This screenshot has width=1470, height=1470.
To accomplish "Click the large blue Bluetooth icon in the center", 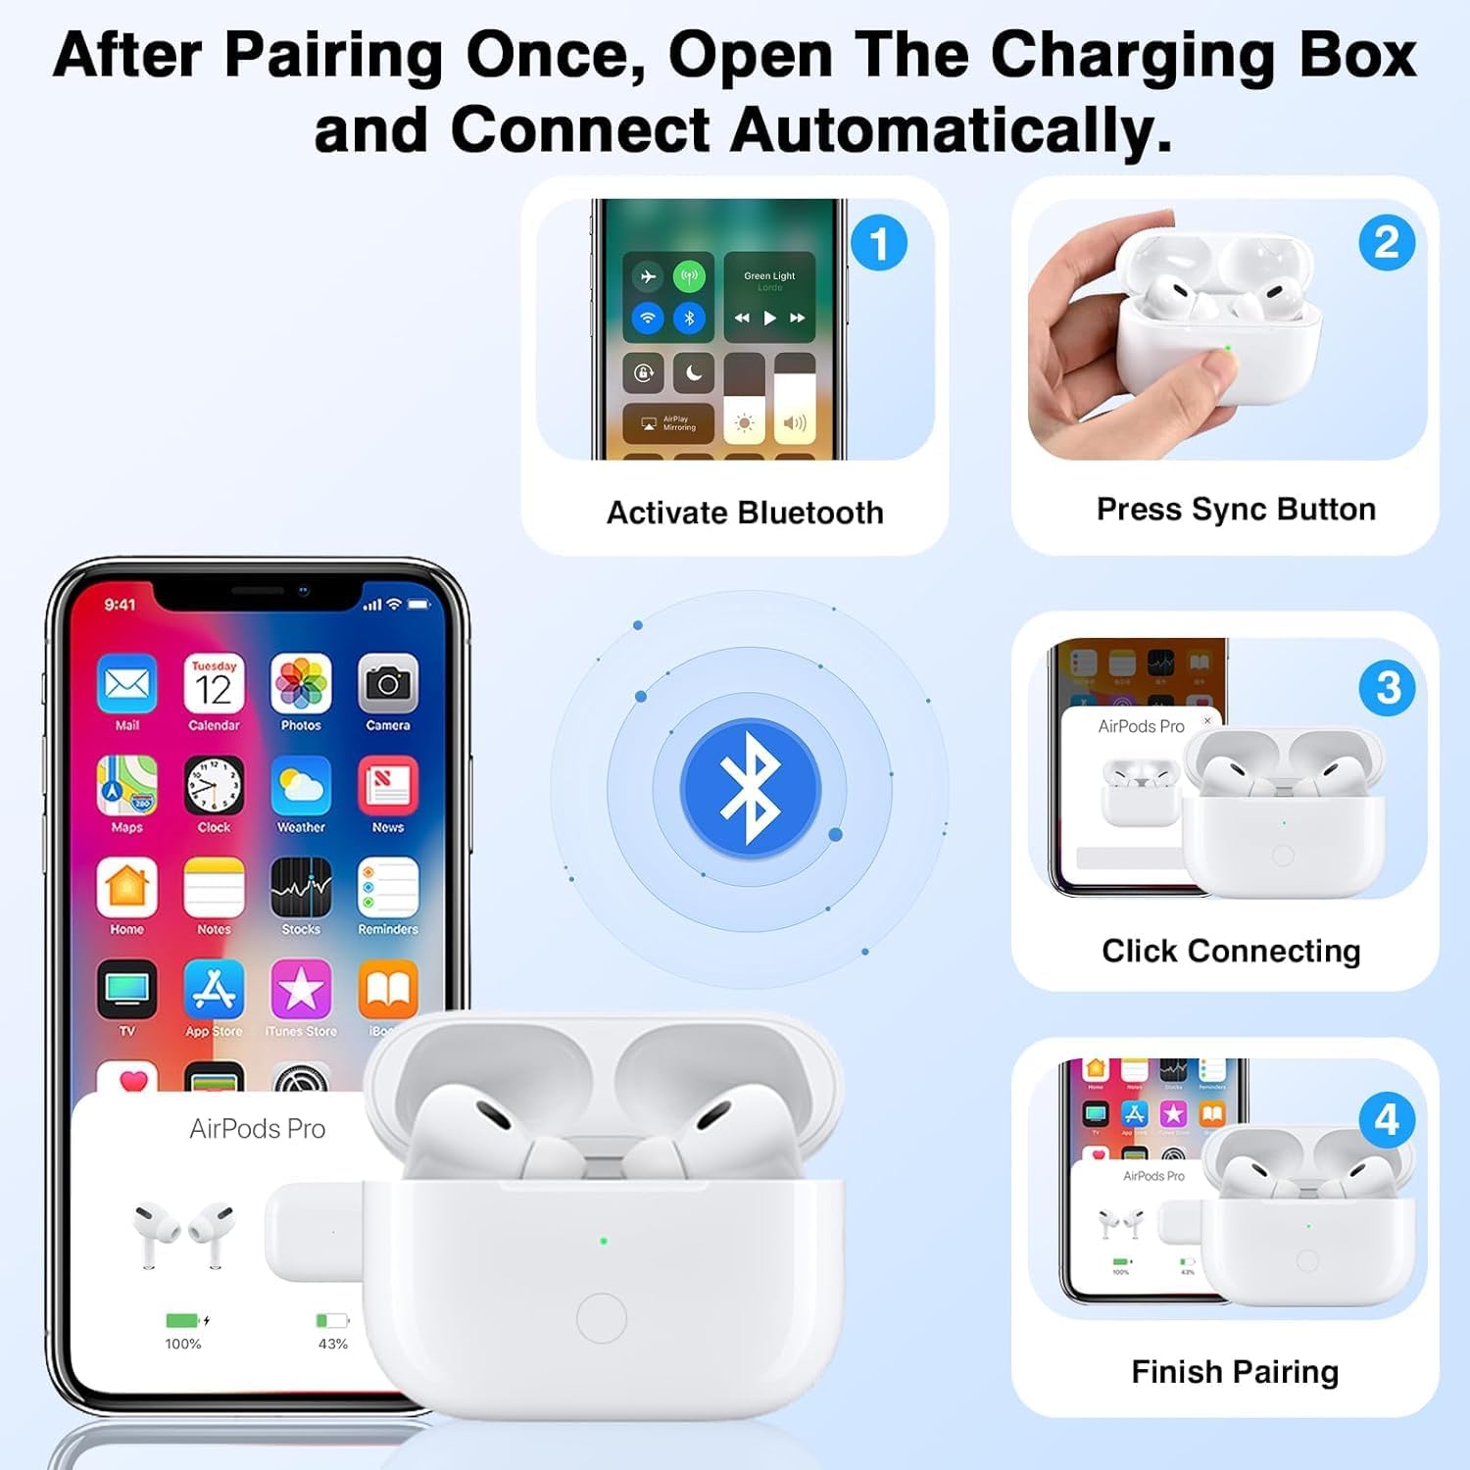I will coord(750,789).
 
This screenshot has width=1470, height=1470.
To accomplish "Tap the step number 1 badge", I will coord(879,243).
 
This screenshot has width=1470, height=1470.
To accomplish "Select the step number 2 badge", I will coord(1387,243).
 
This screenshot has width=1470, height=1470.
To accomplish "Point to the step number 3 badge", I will coord(1387,688).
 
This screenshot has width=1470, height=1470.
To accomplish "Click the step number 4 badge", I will coord(1387,1119).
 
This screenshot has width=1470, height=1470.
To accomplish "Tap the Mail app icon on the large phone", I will coord(127,684).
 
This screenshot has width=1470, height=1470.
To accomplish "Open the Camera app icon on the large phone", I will coord(388,684).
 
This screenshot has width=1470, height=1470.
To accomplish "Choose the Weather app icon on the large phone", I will coord(301,786).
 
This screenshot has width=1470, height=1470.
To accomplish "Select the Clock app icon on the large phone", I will coord(214,786).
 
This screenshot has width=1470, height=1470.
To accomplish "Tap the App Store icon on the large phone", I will coord(214,990).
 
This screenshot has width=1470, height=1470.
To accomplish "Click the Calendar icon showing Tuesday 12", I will coord(214,684).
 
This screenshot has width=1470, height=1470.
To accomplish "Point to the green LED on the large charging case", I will coord(604,1241).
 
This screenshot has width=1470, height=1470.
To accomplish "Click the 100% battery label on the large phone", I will coord(183,1344).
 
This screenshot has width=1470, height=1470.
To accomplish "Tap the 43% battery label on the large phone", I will coord(333,1344).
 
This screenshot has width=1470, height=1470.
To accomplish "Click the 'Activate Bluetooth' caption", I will coord(745,513).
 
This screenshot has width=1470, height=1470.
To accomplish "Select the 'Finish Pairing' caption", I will coord(1235,1371).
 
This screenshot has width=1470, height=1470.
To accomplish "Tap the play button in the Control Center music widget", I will coord(769,318).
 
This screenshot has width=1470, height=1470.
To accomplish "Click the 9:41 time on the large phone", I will coord(121,605).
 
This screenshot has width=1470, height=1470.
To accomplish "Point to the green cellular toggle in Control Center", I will coord(690,276).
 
